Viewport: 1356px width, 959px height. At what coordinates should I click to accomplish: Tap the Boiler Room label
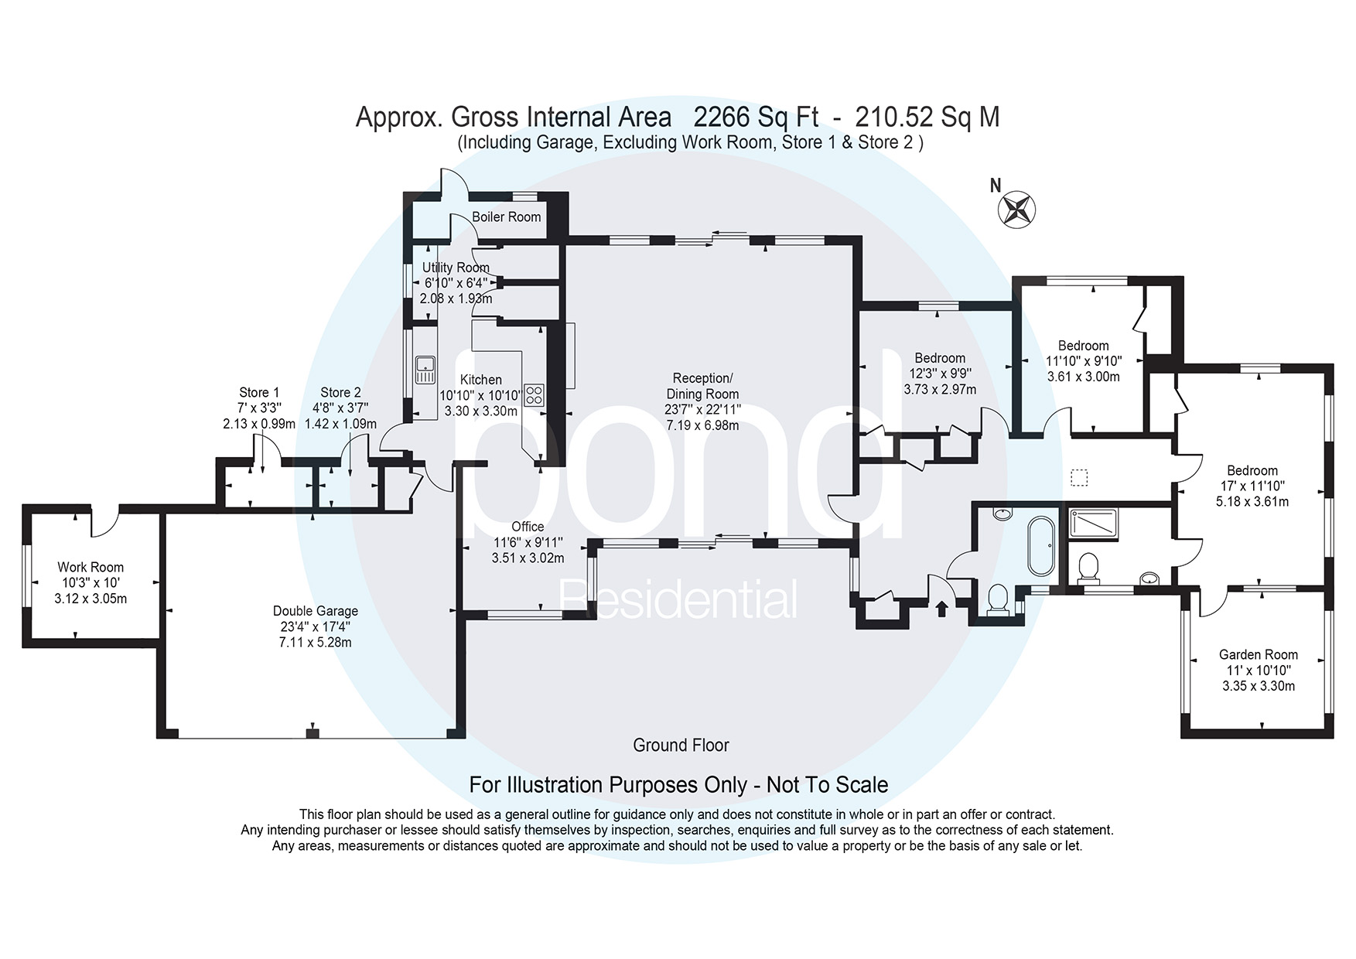(x=507, y=217)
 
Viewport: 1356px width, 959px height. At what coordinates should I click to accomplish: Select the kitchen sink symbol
(x=425, y=369)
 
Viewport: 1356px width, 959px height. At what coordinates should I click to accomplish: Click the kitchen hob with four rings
(x=534, y=395)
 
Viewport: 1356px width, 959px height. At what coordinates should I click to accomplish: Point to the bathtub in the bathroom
(x=1040, y=545)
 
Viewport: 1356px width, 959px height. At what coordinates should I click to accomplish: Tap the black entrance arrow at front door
(x=941, y=609)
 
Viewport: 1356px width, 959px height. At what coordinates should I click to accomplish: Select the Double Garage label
(x=316, y=611)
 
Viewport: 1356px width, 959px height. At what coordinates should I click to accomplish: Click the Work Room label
(x=91, y=567)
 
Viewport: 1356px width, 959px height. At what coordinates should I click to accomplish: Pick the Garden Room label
(x=1259, y=654)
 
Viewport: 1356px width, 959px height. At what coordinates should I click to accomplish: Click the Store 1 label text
(x=259, y=393)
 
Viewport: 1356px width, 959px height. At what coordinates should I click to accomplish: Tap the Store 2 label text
(x=340, y=393)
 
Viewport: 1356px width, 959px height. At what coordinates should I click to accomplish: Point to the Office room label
(x=528, y=527)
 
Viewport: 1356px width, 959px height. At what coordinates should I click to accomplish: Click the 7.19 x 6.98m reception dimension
(x=702, y=425)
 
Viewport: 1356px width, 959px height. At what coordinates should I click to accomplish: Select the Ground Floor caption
(x=681, y=745)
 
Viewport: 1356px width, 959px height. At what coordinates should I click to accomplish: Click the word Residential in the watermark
(x=678, y=600)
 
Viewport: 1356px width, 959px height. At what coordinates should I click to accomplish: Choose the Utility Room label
(x=456, y=268)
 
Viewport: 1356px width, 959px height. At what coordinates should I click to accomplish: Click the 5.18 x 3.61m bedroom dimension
(x=1252, y=501)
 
